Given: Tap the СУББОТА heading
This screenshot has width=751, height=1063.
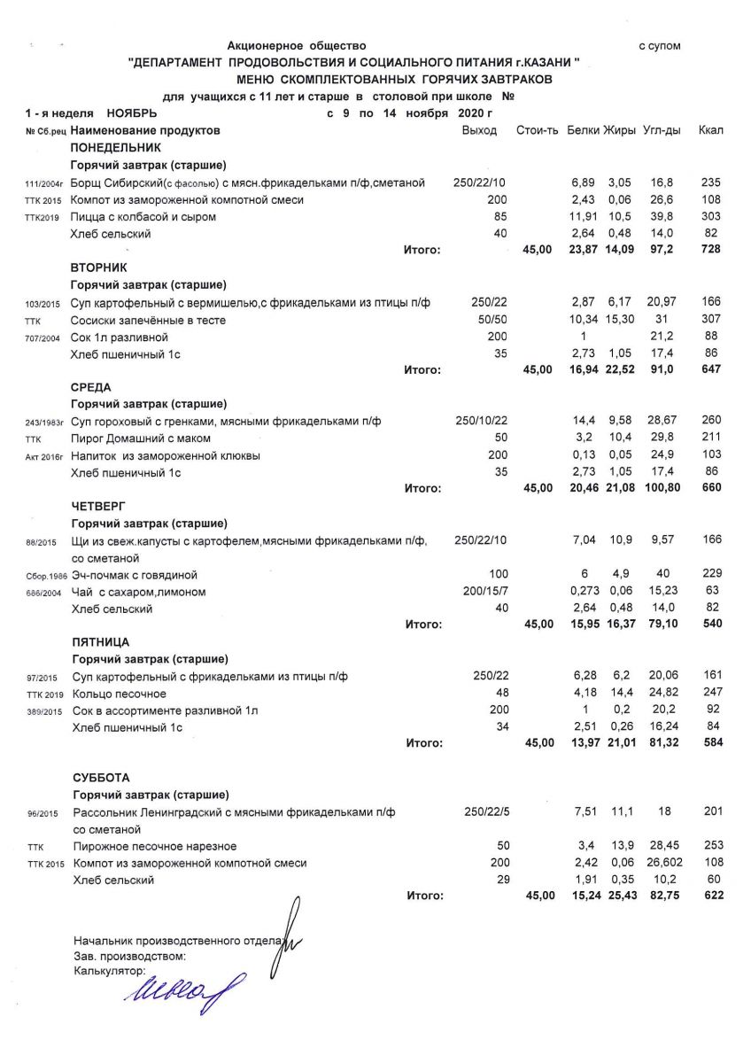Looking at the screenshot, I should point(101,778).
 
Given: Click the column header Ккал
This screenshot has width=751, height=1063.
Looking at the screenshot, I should point(710,131).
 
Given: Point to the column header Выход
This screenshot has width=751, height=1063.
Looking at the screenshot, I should point(479,131).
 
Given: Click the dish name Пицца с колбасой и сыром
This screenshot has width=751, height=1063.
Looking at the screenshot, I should point(143,217).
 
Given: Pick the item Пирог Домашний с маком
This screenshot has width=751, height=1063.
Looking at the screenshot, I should point(141,438).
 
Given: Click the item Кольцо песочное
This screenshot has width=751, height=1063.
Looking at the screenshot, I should point(120,694).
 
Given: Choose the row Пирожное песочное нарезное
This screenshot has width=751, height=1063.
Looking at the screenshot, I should point(155,846).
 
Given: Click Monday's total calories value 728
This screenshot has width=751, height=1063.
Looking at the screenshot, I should point(710,250).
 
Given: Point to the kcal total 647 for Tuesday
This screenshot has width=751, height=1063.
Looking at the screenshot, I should point(710,369).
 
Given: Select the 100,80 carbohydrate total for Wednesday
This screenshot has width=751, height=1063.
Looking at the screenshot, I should point(661,488).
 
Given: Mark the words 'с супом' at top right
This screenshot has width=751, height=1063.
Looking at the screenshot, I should point(660,46).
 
